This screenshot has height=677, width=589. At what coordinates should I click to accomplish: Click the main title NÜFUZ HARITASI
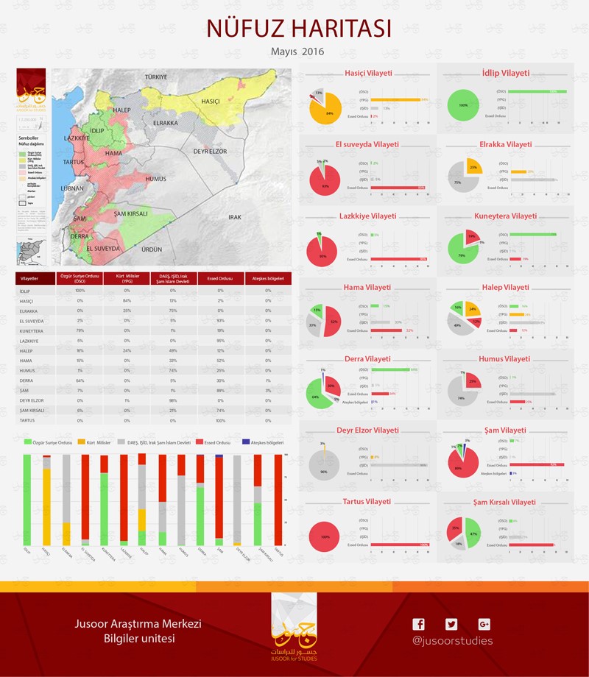(298, 27)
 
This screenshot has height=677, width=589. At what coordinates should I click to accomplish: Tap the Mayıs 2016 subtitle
(297, 52)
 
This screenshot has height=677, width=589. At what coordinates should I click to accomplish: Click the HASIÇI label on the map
(211, 101)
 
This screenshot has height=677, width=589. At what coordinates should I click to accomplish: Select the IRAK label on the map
(235, 217)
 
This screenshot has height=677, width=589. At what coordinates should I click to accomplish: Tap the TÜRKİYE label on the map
(156, 77)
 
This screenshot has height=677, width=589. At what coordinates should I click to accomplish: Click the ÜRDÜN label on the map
(152, 249)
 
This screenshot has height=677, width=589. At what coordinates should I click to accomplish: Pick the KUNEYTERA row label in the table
(33, 332)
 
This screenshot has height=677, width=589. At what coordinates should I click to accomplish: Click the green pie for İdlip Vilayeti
(463, 105)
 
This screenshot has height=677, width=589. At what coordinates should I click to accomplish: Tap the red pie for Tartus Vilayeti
(325, 537)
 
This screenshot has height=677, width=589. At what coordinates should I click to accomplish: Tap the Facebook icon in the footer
(418, 625)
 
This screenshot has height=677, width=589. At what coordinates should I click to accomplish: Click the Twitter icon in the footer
(451, 625)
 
